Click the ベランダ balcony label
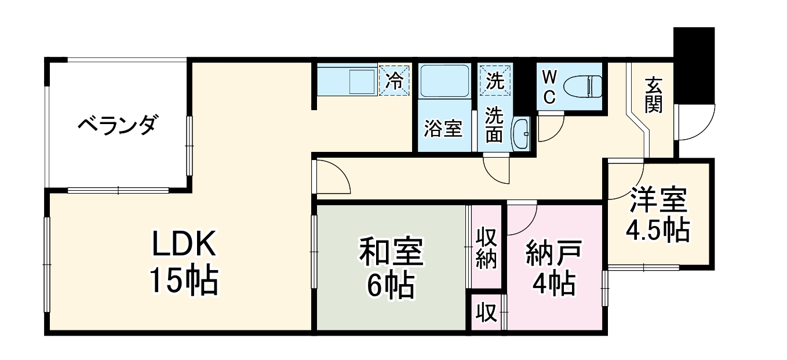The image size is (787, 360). (x=117, y=125)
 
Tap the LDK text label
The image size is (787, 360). (x=184, y=246)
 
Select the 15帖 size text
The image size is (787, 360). (x=184, y=281)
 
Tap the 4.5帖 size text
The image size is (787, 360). (x=657, y=230)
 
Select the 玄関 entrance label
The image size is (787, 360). (x=653, y=96)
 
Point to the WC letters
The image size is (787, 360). (x=549, y=86)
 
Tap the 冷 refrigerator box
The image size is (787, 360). (x=395, y=80)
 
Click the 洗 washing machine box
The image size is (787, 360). (x=495, y=80)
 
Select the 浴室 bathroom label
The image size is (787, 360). (x=443, y=129)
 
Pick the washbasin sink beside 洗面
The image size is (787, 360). (x=521, y=134)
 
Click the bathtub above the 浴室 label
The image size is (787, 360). (x=443, y=81)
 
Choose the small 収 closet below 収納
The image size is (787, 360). (x=486, y=313)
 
